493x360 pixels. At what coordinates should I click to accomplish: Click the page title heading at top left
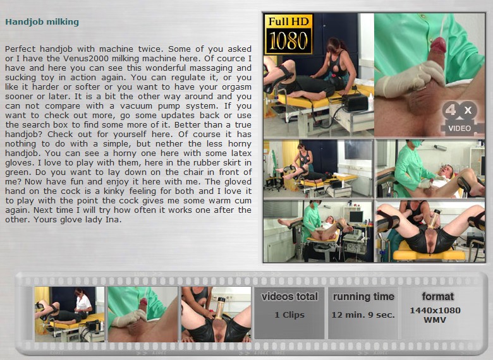pos(42,22)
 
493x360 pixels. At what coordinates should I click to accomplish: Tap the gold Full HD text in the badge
pos(289,21)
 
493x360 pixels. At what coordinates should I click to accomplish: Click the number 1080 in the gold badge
pos(288,41)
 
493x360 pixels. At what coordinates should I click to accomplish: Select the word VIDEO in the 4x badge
pos(460,128)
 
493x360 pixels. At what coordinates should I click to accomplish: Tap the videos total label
pos(289,297)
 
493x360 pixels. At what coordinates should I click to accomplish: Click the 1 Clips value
pos(289,315)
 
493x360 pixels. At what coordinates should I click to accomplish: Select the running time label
pos(363,297)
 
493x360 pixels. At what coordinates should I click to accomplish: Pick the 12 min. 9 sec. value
pos(363,315)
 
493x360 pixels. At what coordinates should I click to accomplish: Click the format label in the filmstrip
pos(437,296)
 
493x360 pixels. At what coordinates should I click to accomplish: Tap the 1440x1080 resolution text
pos(435,310)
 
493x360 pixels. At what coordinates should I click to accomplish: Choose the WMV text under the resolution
pos(435,320)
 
